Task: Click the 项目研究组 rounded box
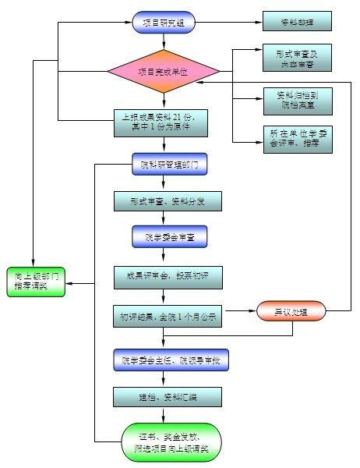(164, 23)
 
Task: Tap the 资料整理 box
(297, 23)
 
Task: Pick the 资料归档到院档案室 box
(297, 97)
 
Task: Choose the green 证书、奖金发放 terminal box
(170, 442)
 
